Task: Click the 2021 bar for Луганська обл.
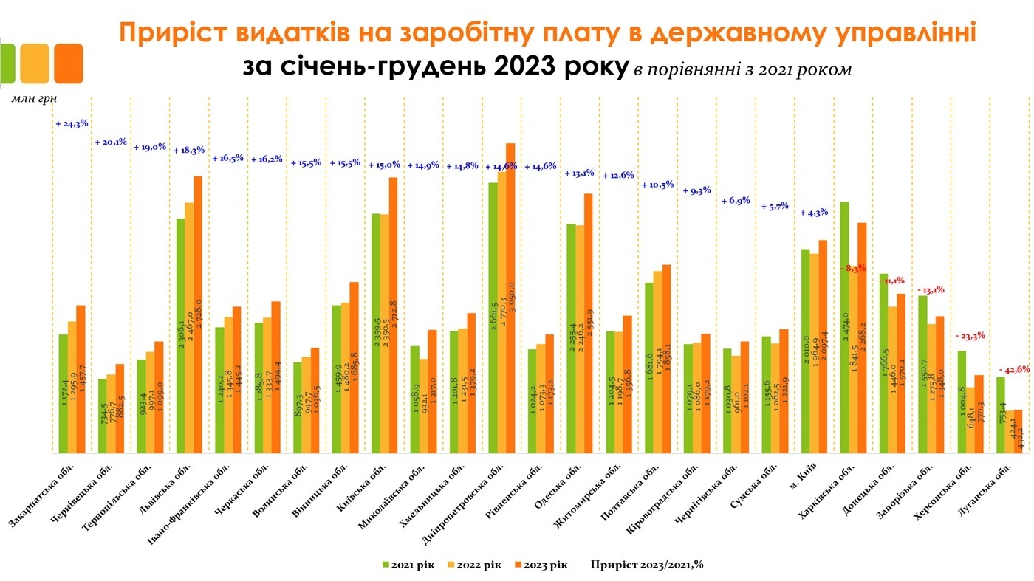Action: click(1000, 414)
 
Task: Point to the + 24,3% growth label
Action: click(72, 124)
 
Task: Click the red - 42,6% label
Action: click(1015, 370)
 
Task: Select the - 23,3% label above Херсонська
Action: click(970, 337)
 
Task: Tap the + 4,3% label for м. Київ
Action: click(814, 213)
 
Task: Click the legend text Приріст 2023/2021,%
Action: click(646, 565)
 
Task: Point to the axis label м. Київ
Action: click(815, 480)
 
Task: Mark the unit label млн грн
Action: click(34, 97)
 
